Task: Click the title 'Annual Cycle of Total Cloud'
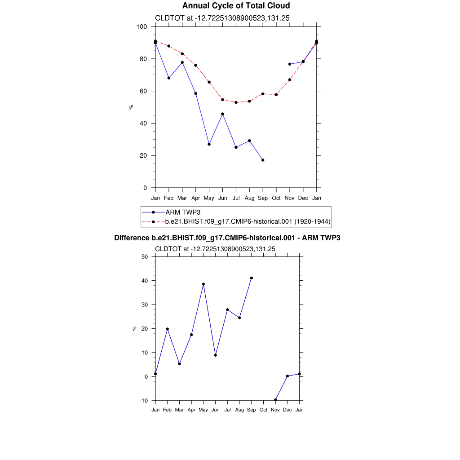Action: pos(236,6)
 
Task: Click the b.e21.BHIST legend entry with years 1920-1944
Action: pos(248,221)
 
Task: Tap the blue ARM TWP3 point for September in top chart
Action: pos(263,160)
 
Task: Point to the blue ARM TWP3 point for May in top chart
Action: pos(209,144)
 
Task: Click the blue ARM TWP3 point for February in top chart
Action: pos(169,78)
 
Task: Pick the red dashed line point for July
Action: pos(236,102)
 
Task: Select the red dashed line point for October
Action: pos(276,94)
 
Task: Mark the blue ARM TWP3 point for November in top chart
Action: pos(290,64)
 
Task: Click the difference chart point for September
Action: pos(252,278)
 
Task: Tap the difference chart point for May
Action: pos(203,284)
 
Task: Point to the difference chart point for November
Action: pos(275,400)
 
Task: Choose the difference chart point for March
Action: pos(179,364)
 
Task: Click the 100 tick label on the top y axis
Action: pos(142,27)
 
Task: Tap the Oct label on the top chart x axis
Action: pos(276,198)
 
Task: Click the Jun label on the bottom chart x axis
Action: pos(216,410)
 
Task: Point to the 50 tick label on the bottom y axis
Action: pos(145,257)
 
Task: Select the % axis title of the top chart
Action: pos(131,107)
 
